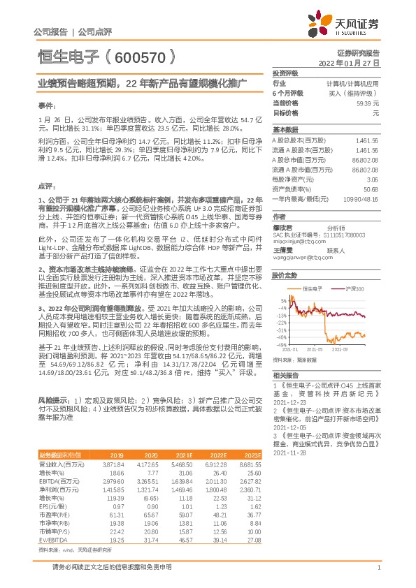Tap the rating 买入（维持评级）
pyautogui.click(x=356, y=92)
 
